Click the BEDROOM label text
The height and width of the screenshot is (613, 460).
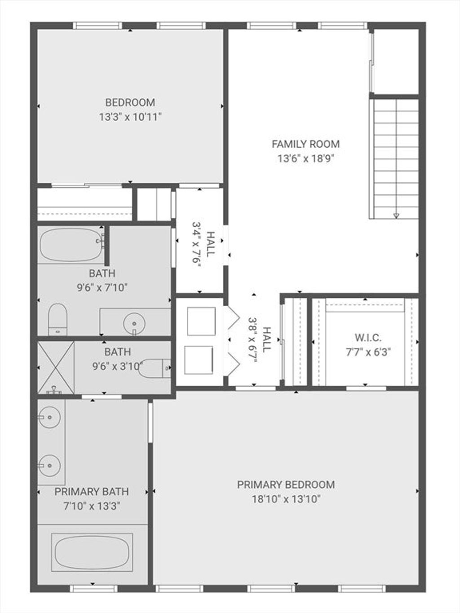pyautogui.click(x=130, y=102)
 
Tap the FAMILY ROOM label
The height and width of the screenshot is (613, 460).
pyautogui.click(x=306, y=144)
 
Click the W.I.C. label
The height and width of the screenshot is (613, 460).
pyautogui.click(x=368, y=338)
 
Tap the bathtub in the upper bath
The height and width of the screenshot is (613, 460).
pyautogui.click(x=71, y=245)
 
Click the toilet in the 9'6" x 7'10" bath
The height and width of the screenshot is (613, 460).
pyautogui.click(x=57, y=319)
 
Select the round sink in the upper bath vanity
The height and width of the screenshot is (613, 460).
pyautogui.click(x=134, y=323)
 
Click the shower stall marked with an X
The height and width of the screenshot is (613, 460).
pyautogui.click(x=56, y=367)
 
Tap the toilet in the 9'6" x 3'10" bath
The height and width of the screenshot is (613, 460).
pyautogui.click(x=155, y=368)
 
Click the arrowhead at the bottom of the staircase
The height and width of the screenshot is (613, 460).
pyautogui.click(x=396, y=216)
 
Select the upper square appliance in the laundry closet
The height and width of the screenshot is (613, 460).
pyautogui.click(x=201, y=321)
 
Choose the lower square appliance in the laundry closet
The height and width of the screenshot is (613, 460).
pyautogui.click(x=199, y=360)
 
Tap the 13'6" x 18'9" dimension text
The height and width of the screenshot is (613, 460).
pyautogui.click(x=306, y=159)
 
